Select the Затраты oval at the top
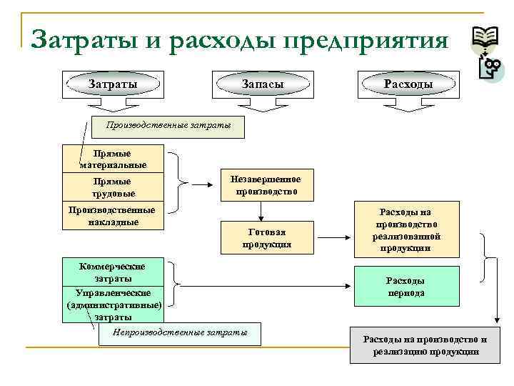pos(113,84)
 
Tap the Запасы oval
pos(262,84)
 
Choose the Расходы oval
pos(408,84)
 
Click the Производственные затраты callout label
pos(168,126)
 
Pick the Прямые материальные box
pos(114,159)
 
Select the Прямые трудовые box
pos(114,187)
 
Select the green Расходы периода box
pos(405,287)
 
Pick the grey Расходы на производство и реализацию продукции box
pos(425,345)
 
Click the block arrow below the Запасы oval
pos(262,105)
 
